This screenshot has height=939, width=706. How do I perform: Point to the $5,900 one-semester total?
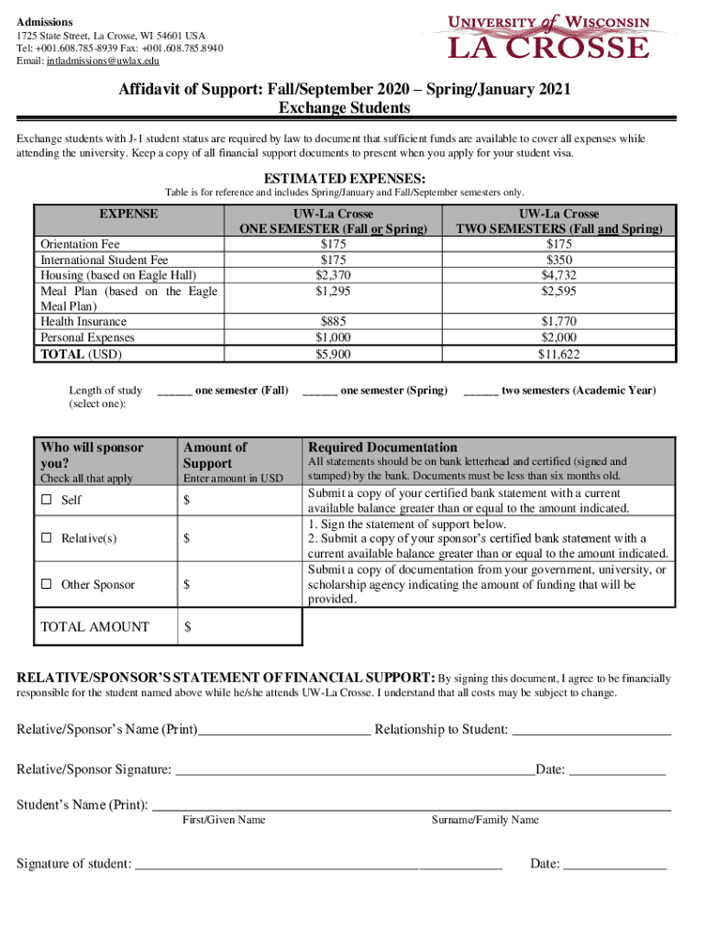coord(333,354)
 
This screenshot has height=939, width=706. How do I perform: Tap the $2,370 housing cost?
coord(333,275)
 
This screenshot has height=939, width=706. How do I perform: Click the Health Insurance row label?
coord(83,322)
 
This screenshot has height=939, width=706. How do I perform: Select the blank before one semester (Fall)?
coord(173,392)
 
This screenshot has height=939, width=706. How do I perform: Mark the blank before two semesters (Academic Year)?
coord(480,392)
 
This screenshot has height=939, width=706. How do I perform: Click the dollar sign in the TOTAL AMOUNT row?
coord(188,627)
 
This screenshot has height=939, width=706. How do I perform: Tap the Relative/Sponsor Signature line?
coord(354,771)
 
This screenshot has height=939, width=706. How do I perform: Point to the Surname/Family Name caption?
coord(485,820)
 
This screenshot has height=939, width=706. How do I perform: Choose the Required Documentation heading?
coord(382,447)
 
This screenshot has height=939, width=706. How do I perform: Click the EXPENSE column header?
coord(127,214)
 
